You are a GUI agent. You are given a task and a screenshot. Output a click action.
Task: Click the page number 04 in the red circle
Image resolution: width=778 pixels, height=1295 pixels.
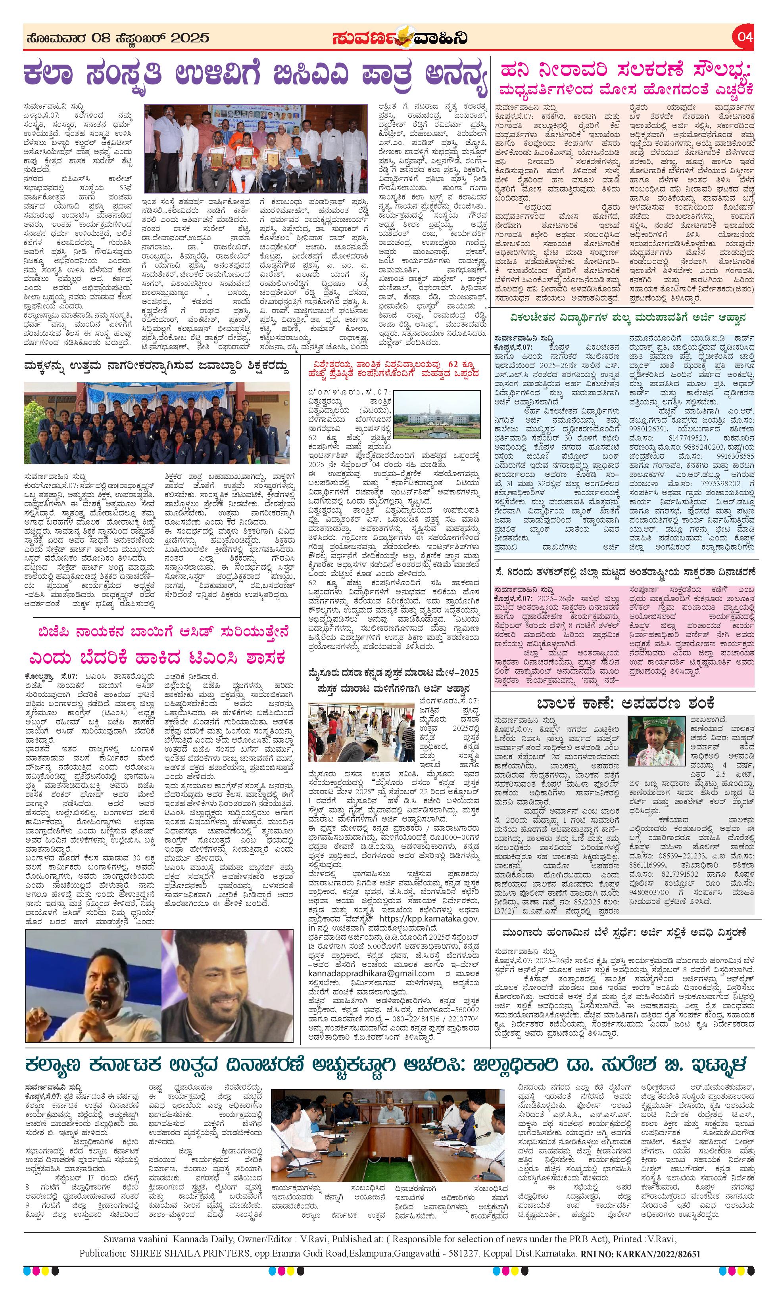pyautogui.click(x=744, y=37)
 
